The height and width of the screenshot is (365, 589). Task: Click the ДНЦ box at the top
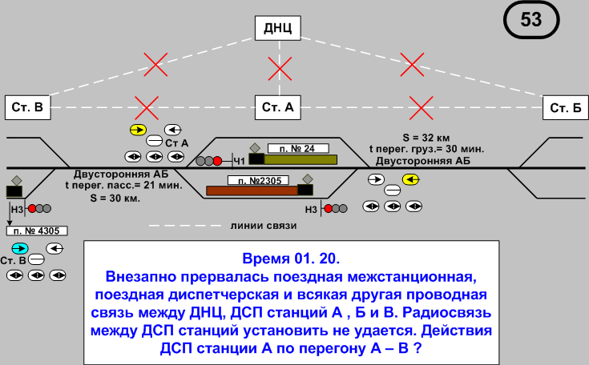tap(280, 30)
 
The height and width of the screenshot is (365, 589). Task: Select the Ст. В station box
tap(27, 106)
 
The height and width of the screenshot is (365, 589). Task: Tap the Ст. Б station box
tap(564, 106)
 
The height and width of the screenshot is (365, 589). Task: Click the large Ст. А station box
tap(279, 106)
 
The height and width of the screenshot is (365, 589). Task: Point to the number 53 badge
tap(531, 21)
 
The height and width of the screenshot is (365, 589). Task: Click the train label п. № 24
tap(302, 148)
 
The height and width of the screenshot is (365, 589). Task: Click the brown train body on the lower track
tap(252, 191)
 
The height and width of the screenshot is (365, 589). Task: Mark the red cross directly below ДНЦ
tap(280, 68)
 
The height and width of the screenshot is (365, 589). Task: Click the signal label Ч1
tap(238, 162)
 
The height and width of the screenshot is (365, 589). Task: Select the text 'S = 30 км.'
tap(115, 196)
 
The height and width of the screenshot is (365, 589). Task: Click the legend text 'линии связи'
tap(264, 226)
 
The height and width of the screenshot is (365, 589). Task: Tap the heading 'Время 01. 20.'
tap(290, 259)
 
